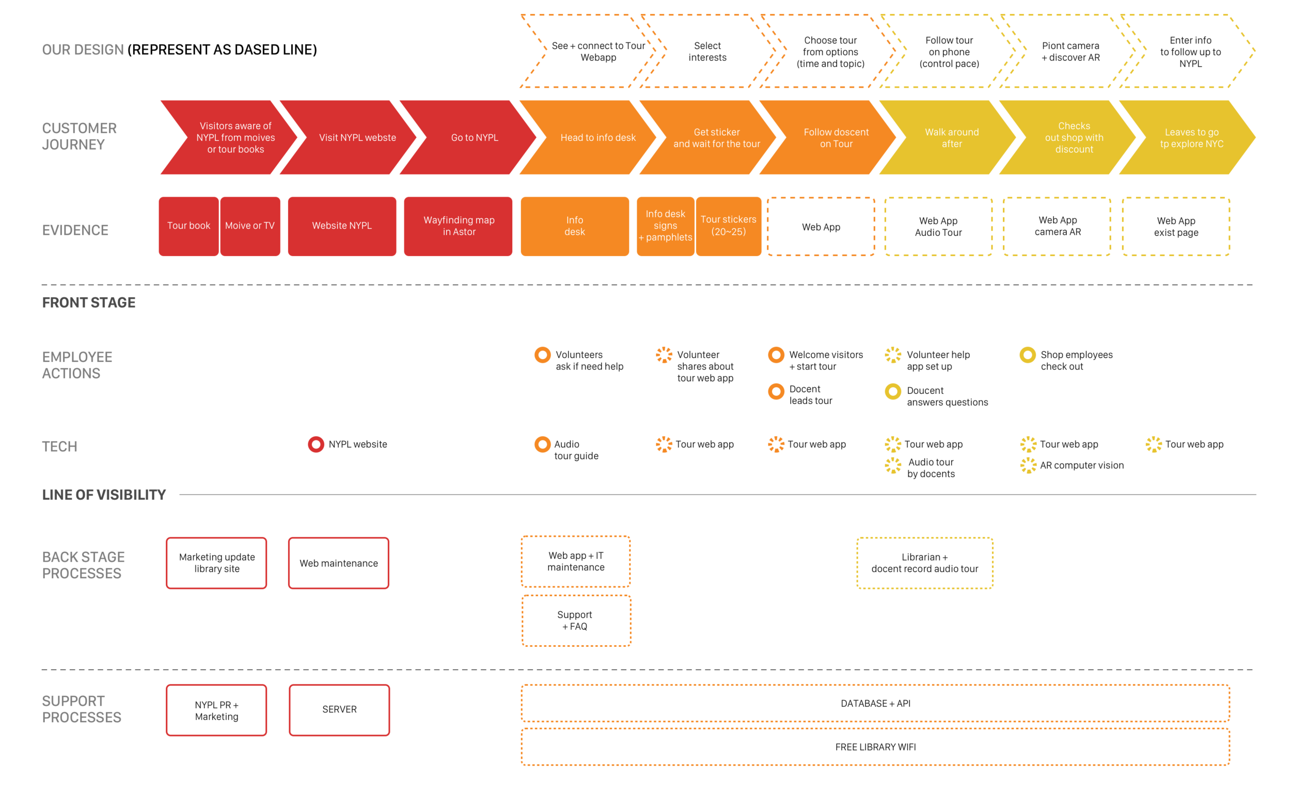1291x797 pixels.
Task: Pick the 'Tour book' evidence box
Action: (x=188, y=226)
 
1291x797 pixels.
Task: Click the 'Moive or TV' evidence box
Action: (x=250, y=226)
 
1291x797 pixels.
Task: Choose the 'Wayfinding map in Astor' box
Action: (x=458, y=226)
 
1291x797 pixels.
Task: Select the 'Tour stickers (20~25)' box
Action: (x=728, y=226)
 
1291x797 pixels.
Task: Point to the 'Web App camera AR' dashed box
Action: (x=1057, y=226)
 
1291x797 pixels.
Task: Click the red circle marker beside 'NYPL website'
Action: (x=316, y=444)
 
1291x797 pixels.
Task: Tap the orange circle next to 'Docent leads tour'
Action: (x=776, y=391)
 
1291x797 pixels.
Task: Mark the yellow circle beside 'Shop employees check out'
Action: (x=1027, y=355)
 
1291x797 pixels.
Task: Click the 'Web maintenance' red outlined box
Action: (x=339, y=563)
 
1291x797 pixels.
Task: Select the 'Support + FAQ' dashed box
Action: (x=576, y=620)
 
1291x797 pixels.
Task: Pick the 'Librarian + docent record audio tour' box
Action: (x=924, y=563)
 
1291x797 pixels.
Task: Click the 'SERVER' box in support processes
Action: (x=339, y=709)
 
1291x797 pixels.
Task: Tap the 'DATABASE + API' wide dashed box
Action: (x=875, y=703)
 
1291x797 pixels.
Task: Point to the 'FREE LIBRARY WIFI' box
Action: (x=875, y=746)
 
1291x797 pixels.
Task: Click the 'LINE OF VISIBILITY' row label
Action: (x=104, y=495)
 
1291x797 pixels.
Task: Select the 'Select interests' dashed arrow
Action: (x=706, y=51)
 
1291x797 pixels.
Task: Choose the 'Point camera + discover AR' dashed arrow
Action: (x=1070, y=51)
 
